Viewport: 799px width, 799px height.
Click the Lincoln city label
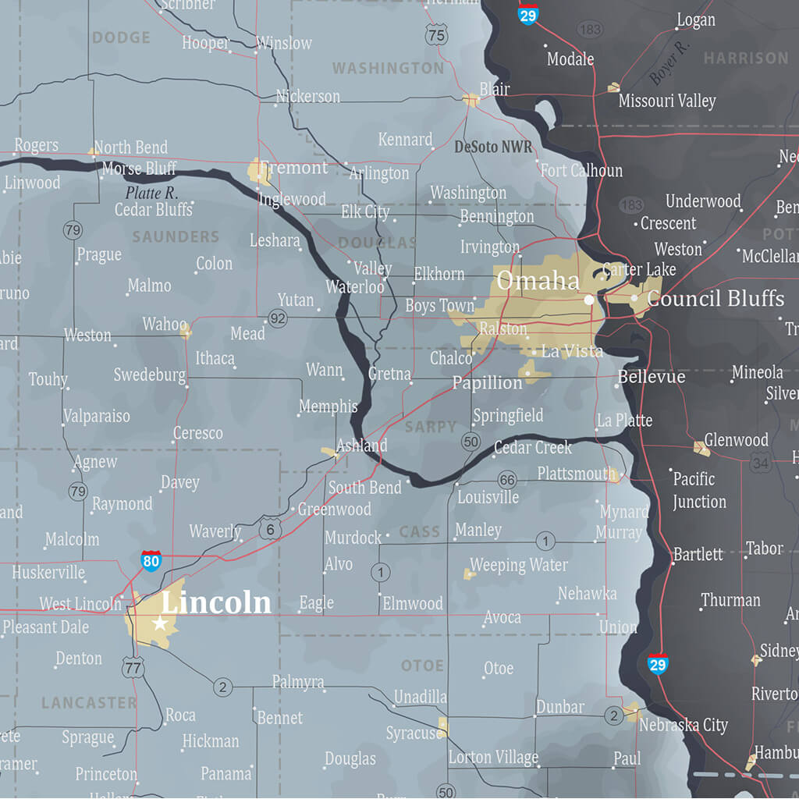pos(216,602)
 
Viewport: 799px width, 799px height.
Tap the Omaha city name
pos(538,281)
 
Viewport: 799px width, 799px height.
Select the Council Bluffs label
pos(716,298)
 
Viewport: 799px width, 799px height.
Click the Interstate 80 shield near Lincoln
pos(151,560)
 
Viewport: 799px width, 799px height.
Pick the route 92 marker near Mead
pos(278,318)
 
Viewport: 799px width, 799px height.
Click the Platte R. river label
pos(151,192)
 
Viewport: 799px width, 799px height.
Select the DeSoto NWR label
pos(493,147)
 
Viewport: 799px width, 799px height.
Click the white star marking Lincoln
pos(160,623)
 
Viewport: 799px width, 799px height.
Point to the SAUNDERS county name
pos(176,236)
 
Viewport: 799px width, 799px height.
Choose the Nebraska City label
pos(684,725)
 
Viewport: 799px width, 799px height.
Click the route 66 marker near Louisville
pos(507,479)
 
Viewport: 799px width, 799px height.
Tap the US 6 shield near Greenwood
pos(271,529)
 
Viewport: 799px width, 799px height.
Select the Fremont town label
pos(293,168)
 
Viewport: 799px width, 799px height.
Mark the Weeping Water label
pos(519,565)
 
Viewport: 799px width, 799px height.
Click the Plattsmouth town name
pos(577,474)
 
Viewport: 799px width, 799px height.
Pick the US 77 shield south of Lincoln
pos(133,666)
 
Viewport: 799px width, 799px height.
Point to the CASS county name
pos(420,532)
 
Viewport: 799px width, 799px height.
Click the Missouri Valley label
pos(667,101)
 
